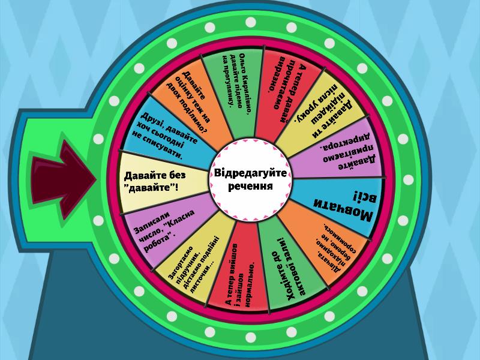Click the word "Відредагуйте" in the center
(250, 173)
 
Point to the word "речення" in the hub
(250, 186)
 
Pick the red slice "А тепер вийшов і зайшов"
(239, 269)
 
